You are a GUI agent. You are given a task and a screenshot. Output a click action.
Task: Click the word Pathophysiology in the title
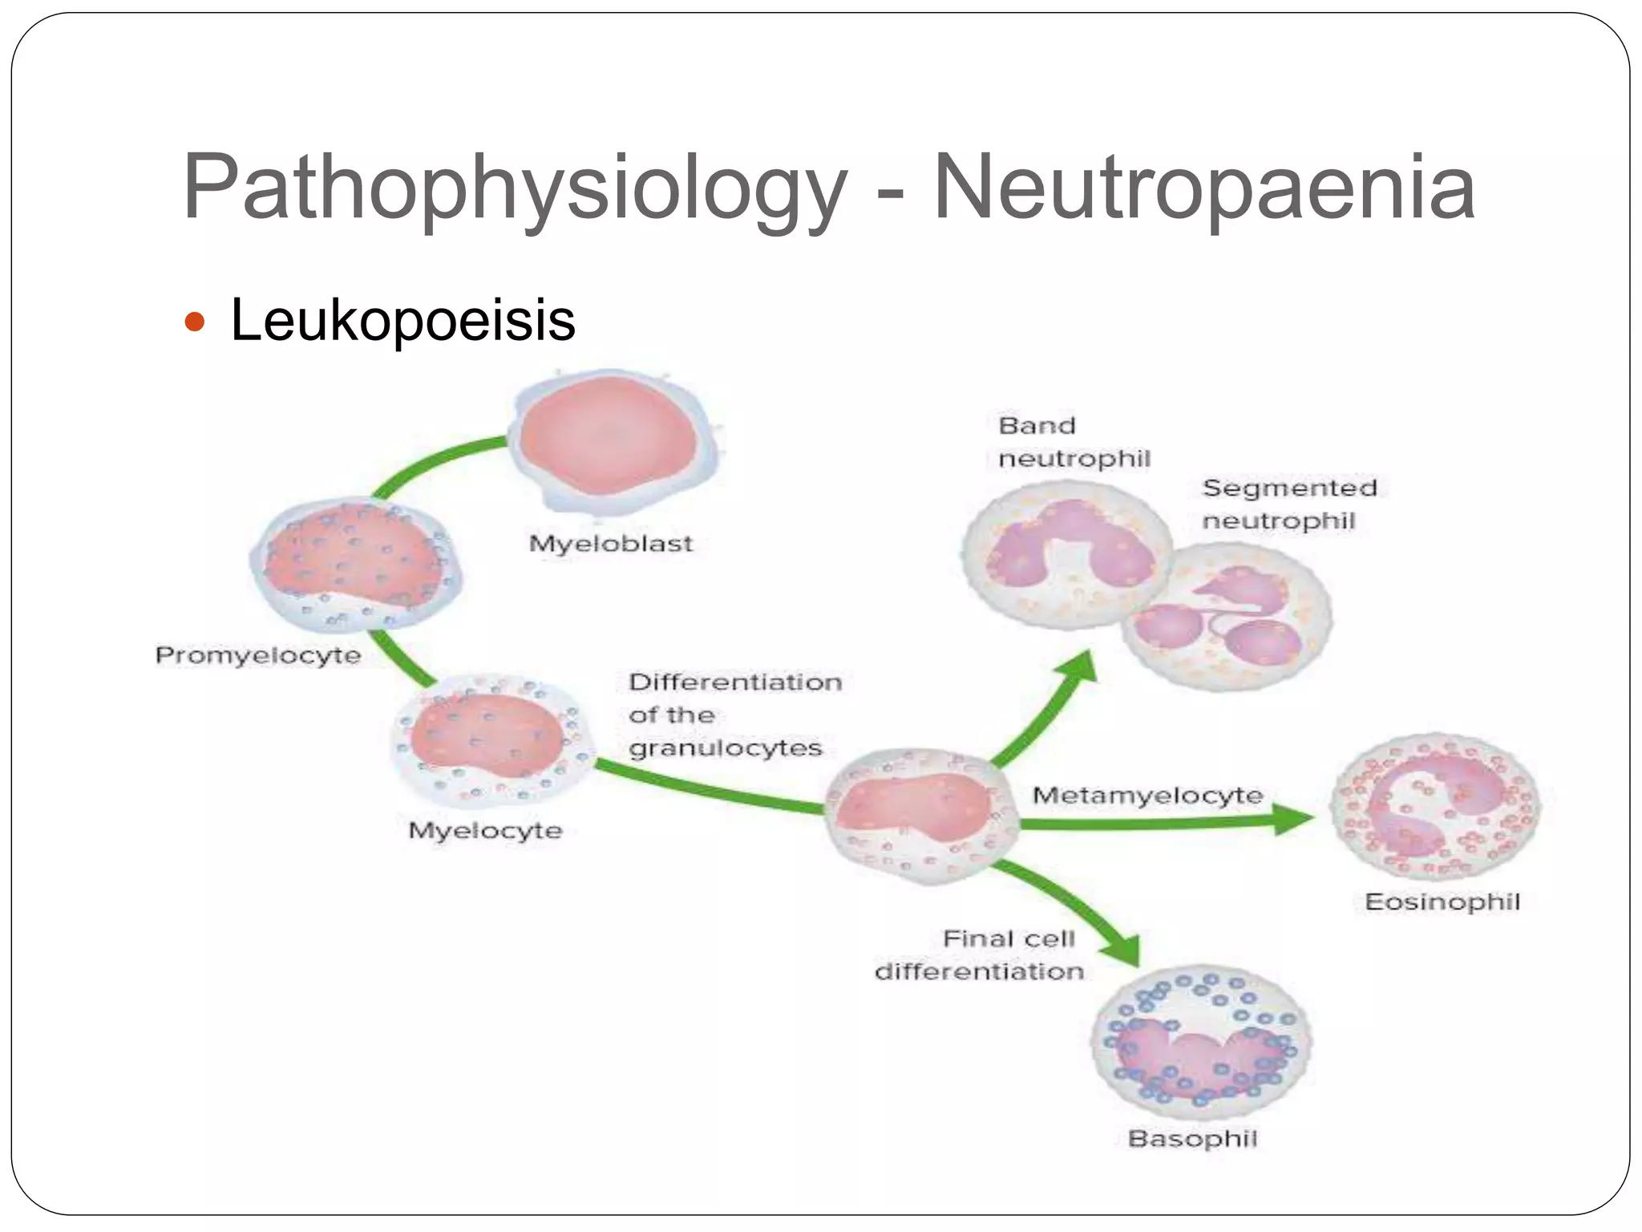[515, 188]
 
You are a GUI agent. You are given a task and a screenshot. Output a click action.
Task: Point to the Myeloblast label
[611, 544]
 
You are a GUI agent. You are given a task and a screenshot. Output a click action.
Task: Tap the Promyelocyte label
[258, 655]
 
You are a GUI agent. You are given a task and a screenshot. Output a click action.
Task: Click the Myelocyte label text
[485, 830]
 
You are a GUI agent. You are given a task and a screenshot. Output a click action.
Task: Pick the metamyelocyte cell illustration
[922, 816]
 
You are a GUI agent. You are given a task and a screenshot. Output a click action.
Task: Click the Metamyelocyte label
[1147, 796]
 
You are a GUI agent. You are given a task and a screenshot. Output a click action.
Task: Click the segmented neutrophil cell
[1227, 616]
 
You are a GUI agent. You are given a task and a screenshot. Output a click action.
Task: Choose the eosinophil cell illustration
[1435, 808]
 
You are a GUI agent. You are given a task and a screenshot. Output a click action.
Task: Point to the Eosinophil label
[1442, 902]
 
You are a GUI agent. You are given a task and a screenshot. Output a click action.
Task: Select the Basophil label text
[1192, 1139]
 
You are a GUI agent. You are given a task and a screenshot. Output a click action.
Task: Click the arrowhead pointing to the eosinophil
[1293, 819]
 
